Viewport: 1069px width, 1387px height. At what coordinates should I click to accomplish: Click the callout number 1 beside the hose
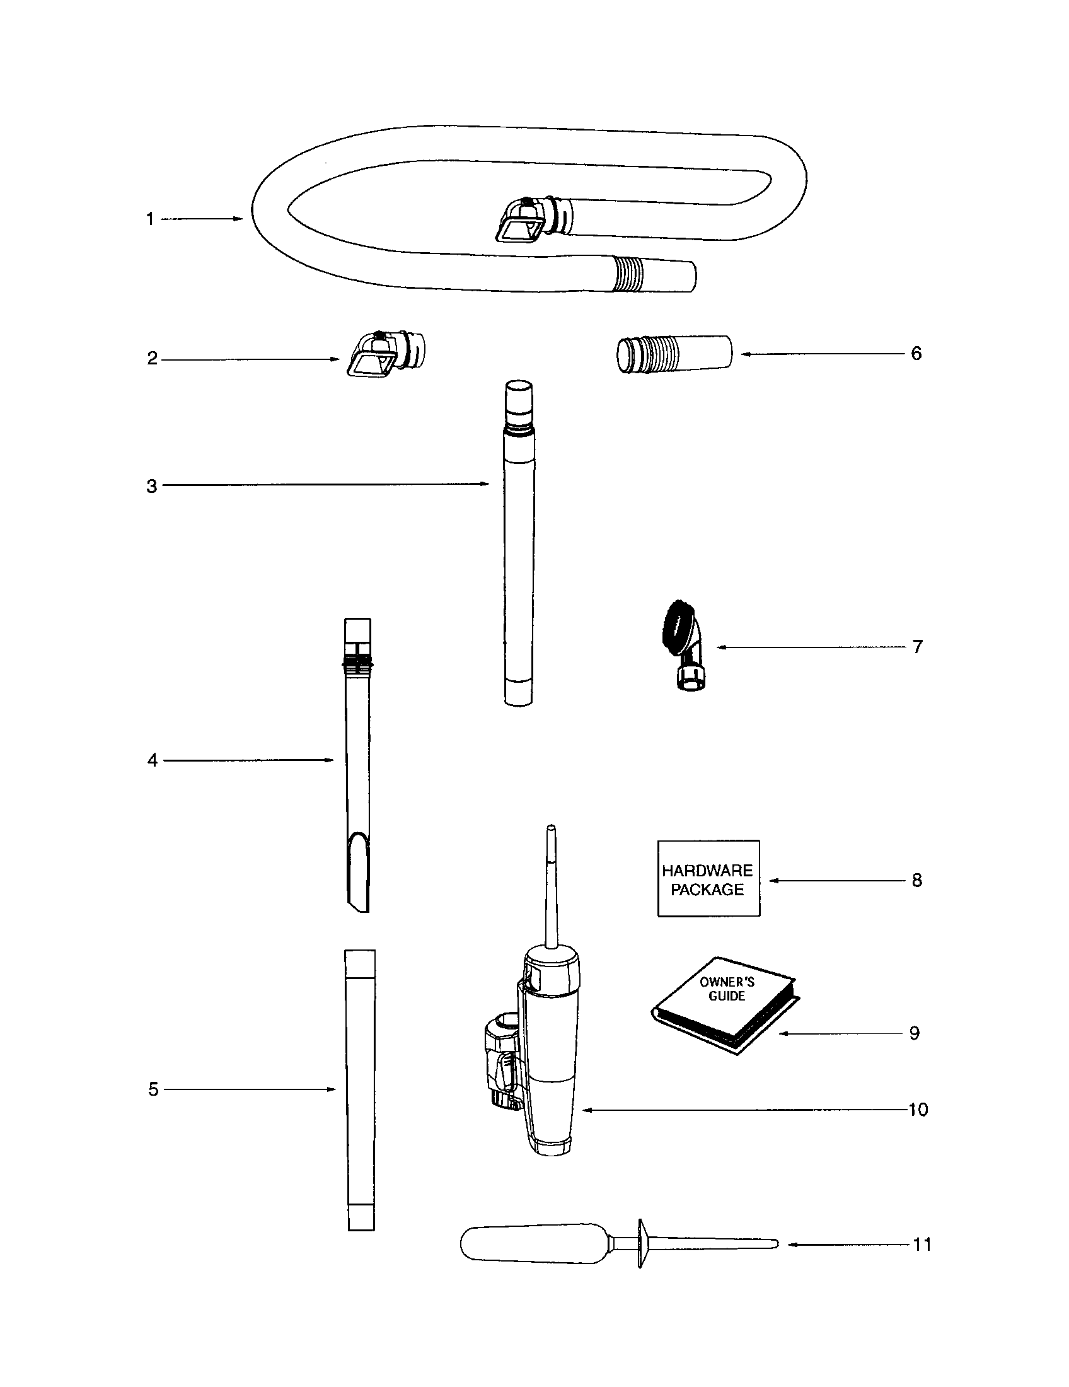(x=150, y=219)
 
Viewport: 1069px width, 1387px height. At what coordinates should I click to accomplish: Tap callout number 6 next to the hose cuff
(x=916, y=354)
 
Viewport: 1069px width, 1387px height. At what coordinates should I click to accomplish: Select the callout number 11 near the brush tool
(x=922, y=1244)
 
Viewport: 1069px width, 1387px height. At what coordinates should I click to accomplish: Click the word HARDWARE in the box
(x=707, y=870)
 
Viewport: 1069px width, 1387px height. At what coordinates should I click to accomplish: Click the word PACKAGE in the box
(x=707, y=890)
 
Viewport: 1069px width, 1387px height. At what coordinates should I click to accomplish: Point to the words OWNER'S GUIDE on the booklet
(x=727, y=989)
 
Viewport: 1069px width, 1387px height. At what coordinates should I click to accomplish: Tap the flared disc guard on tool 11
(x=641, y=1243)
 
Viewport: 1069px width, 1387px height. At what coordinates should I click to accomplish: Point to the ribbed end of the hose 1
(x=628, y=274)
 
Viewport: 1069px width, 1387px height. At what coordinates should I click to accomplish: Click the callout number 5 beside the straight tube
(x=153, y=1089)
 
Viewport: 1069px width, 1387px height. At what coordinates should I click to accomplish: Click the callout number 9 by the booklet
(x=914, y=1033)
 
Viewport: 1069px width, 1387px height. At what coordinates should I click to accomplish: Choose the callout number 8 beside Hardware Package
(x=916, y=880)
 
